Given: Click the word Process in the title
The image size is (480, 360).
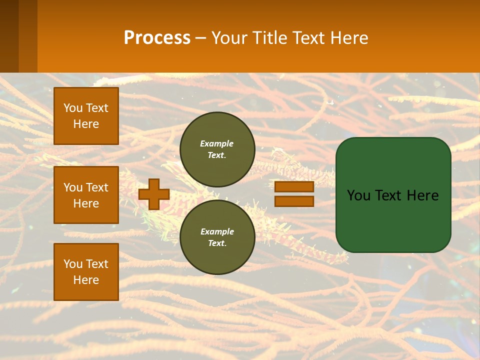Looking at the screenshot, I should click(157, 38).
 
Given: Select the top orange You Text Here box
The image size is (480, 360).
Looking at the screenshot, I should click(86, 116).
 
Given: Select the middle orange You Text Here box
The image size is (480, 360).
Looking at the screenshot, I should click(86, 195).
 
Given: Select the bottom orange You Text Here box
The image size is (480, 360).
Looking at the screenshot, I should click(86, 272).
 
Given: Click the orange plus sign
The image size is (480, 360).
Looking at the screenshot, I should click(154, 194).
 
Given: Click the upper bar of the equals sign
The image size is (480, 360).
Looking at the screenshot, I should click(294, 186).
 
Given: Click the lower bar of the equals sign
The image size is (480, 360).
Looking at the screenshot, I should click(294, 201).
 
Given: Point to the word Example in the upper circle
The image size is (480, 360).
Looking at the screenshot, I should click(216, 143).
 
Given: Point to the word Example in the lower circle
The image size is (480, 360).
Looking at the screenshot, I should click(217, 231).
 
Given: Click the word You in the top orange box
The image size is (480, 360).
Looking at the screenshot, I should click(73, 108).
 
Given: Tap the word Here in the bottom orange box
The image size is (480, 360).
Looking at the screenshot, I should click(86, 280).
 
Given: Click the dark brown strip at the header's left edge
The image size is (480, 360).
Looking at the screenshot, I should click(9, 36).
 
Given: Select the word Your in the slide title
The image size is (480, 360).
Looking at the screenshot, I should click(228, 38).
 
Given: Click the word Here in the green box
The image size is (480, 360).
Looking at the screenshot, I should click(422, 195).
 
